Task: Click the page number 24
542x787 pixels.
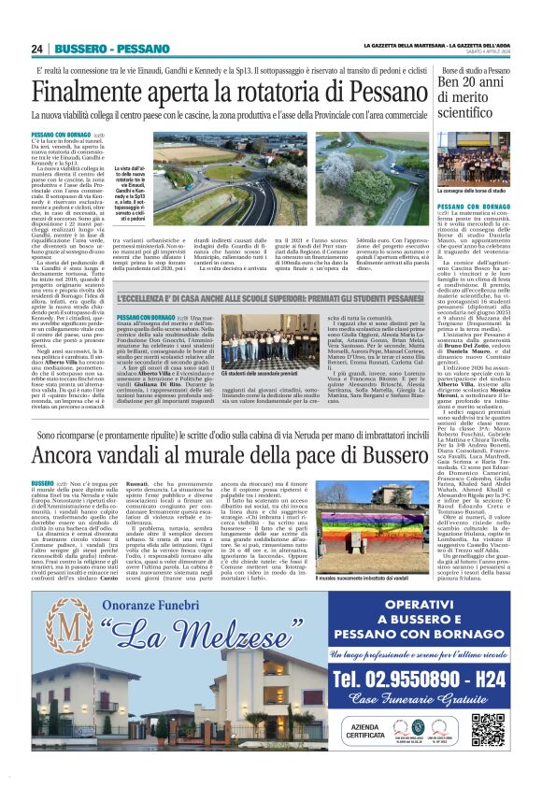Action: pos(37,49)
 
